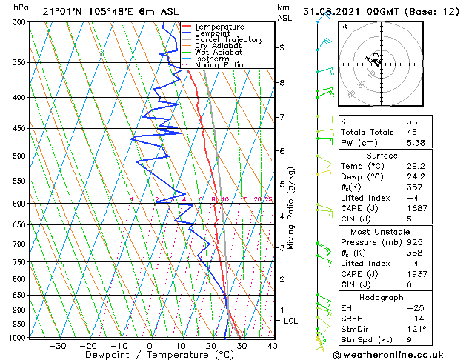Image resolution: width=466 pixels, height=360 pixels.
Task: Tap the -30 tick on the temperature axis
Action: (57, 345)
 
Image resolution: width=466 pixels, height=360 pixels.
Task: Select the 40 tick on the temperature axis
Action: (272, 345)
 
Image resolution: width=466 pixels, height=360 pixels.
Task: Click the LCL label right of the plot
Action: (291, 321)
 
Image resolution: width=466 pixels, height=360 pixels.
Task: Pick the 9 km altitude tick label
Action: (282, 47)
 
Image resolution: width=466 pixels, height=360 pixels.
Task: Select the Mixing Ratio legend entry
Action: (219, 65)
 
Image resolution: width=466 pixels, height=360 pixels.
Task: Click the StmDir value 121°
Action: (415, 329)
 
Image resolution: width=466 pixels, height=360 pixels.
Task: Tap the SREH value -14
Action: (413, 318)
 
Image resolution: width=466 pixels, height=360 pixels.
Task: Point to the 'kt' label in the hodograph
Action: (344, 27)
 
